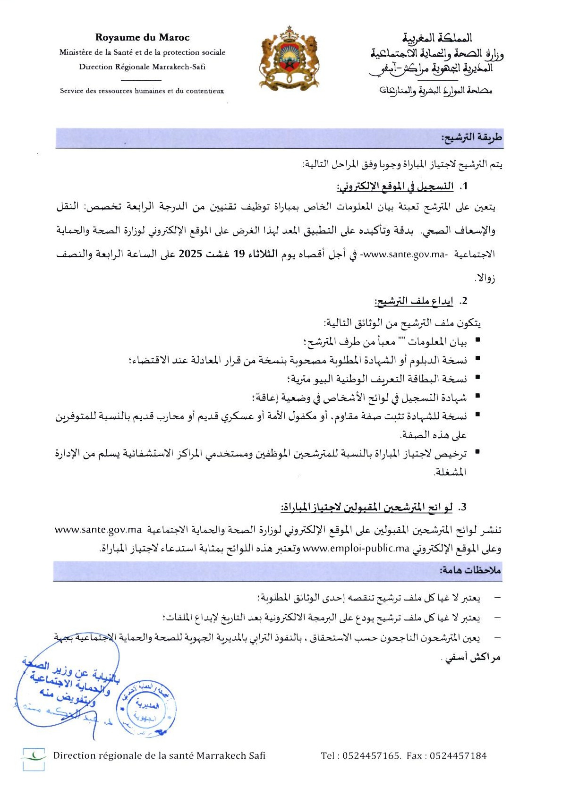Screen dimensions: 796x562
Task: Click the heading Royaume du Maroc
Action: [142, 37]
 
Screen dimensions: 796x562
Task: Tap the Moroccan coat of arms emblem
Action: [289, 58]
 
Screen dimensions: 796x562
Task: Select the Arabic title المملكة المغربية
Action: [437, 38]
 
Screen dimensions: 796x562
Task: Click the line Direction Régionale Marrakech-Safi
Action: [142, 67]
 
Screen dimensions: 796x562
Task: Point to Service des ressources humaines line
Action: [142, 91]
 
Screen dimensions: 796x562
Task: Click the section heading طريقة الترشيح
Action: [471, 137]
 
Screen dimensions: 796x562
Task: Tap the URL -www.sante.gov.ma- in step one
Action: [404, 254]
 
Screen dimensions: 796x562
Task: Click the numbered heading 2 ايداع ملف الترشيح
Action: [421, 301]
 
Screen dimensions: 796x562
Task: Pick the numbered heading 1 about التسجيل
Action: [402, 186]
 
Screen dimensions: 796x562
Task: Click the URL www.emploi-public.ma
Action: [356, 548]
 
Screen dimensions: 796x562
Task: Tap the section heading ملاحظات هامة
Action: [470, 570]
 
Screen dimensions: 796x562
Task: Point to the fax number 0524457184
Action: [458, 755]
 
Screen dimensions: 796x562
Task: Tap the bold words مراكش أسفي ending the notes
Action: [472, 657]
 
